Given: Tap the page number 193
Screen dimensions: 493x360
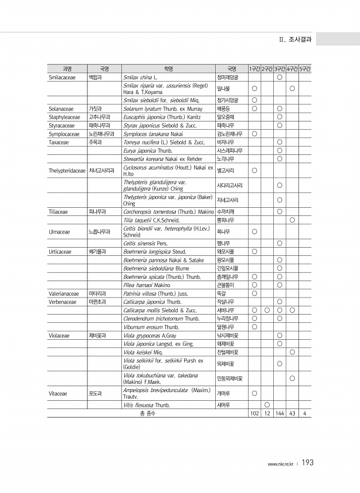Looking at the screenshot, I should point(308,463).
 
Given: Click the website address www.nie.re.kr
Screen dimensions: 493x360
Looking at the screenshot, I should point(281,464).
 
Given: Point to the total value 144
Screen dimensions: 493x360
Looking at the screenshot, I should point(280,414).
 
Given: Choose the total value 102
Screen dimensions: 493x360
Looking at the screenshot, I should point(254,414).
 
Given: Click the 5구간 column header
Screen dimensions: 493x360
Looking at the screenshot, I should point(305,69).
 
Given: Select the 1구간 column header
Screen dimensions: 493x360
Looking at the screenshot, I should point(254,69).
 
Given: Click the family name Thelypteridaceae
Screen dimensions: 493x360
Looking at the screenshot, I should point(67,171).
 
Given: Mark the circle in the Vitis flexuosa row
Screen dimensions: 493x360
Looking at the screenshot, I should point(267,405).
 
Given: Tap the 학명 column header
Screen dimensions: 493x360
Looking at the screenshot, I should point(168,69).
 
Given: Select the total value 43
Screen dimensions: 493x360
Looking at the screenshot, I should point(292,414).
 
